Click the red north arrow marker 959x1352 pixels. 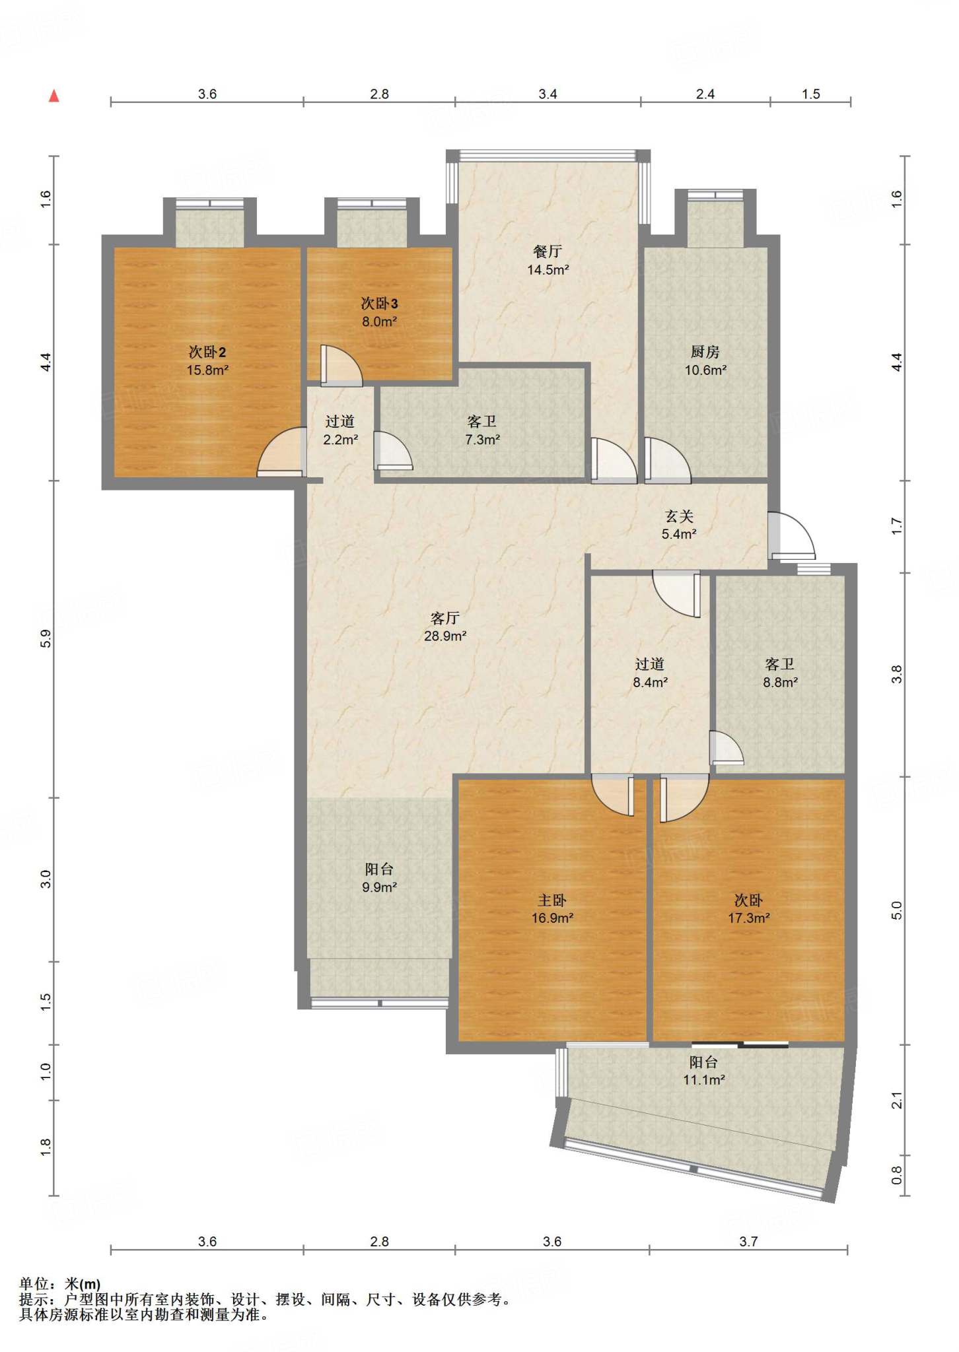54,96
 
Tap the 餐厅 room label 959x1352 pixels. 548,252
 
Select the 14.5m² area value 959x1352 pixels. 548,269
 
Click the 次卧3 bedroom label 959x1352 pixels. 379,304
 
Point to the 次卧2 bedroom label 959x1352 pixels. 207,352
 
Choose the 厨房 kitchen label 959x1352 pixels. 705,352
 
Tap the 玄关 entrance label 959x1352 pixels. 679,516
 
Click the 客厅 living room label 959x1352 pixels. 445,618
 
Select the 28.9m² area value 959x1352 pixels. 445,636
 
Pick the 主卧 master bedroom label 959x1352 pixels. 552,900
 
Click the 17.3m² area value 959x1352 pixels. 749,918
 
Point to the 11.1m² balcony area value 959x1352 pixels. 704,1079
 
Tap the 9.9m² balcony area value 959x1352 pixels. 379,887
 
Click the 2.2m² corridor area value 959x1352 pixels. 341,439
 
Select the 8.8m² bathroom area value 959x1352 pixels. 781,682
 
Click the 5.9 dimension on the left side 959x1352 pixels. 46,638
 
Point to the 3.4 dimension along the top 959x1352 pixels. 548,94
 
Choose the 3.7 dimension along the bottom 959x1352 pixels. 748,1241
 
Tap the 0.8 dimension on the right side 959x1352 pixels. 896,1174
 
